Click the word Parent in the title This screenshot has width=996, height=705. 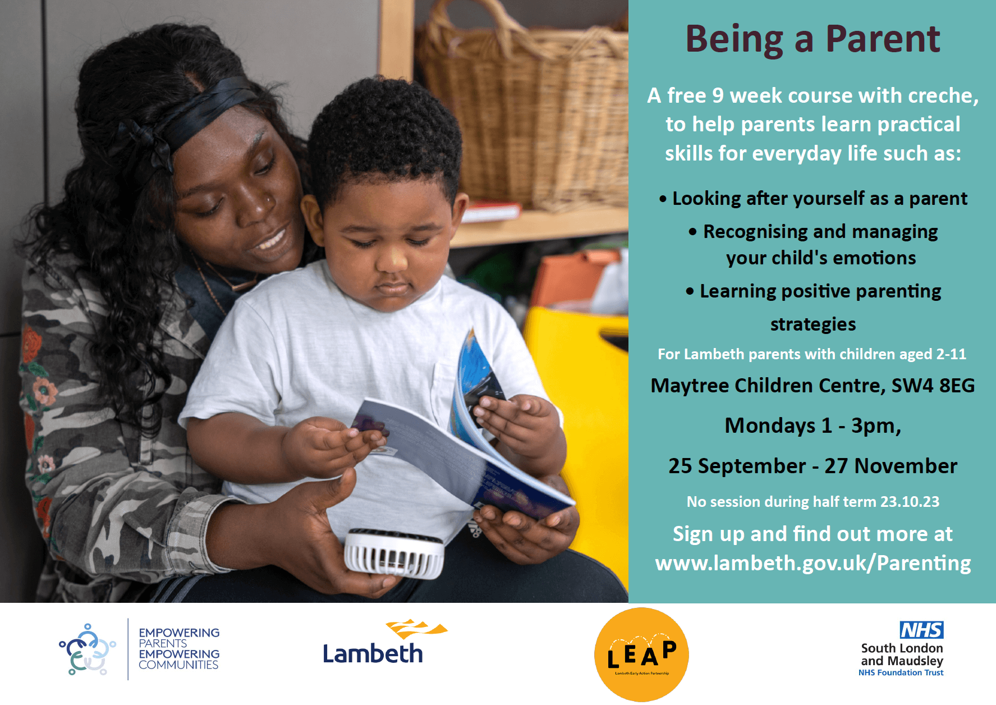point(883,39)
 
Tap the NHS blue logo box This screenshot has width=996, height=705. point(921,630)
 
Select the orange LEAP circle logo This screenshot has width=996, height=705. point(641,654)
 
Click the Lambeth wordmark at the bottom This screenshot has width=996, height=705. point(373,654)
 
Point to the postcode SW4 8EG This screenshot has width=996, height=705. point(933,386)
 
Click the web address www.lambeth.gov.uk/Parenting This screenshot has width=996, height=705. point(813,563)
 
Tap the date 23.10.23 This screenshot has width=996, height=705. point(909,502)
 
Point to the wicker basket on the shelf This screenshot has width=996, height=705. point(527,107)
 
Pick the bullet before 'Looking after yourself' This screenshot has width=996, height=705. point(663,199)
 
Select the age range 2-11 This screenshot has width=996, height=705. point(951,354)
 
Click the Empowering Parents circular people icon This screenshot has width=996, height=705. point(87,649)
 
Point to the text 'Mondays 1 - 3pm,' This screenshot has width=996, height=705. point(813,425)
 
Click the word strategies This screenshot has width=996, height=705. point(813,324)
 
